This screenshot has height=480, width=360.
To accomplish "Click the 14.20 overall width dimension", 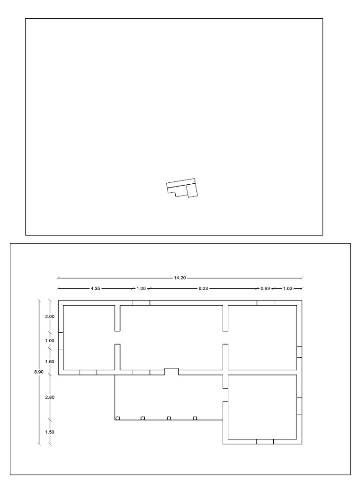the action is [x=180, y=278].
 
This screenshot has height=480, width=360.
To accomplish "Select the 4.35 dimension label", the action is [x=95, y=288].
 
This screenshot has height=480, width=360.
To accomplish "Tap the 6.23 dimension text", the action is [x=203, y=288].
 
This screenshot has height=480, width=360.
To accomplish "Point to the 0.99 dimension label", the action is [x=265, y=288].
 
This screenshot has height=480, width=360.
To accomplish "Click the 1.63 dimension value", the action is [x=288, y=288].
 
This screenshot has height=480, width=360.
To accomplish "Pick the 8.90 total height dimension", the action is [x=39, y=372].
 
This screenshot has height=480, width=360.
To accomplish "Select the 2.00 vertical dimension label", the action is [x=50, y=316].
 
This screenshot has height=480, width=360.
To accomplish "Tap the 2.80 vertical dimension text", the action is [x=50, y=397].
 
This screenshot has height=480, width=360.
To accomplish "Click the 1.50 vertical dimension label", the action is [x=50, y=432].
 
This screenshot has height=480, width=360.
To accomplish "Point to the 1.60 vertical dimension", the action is [x=50, y=361].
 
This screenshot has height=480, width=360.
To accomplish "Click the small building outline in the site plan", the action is [x=182, y=187].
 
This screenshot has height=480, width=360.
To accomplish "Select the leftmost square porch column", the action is [x=118, y=418].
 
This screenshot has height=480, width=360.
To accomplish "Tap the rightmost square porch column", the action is [x=195, y=418].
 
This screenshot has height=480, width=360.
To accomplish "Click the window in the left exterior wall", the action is [x=61, y=341].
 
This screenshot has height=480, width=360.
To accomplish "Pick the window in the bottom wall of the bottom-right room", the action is [x=265, y=442].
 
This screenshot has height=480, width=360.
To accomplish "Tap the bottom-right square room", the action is [x=262, y=407].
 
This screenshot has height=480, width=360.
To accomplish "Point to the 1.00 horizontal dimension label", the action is [x=141, y=288].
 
